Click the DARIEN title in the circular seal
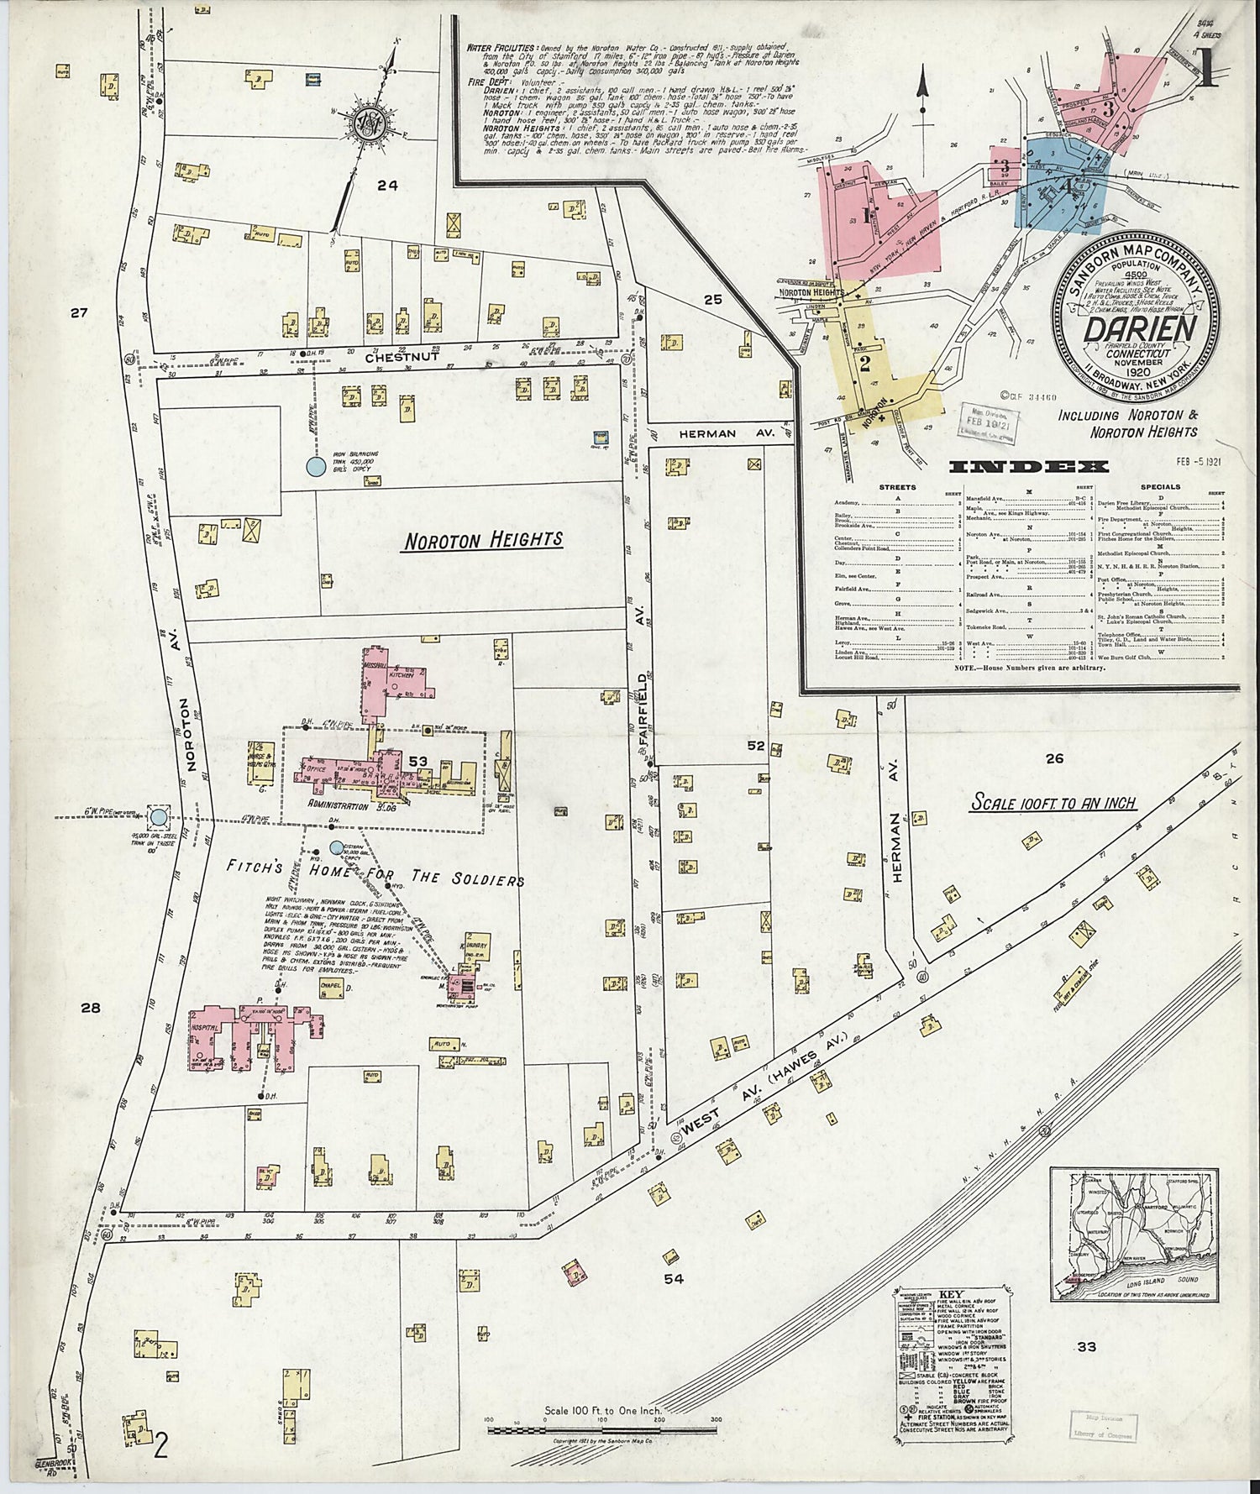pyautogui.click(x=1139, y=329)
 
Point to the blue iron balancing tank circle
pyautogui.click(x=315, y=464)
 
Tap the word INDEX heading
pyautogui.click(x=1028, y=467)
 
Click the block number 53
pyautogui.click(x=418, y=762)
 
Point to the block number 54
pyautogui.click(x=674, y=1279)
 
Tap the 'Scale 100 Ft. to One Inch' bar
pyautogui.click(x=601, y=1420)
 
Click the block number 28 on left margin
pyautogui.click(x=91, y=1007)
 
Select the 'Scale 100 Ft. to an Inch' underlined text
pyautogui.click(x=1053, y=803)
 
